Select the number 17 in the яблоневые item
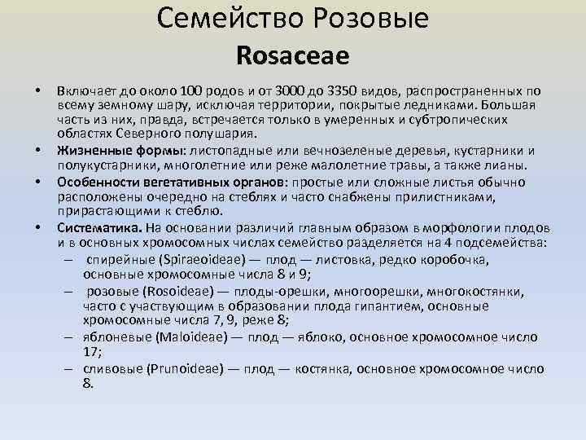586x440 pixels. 90,352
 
